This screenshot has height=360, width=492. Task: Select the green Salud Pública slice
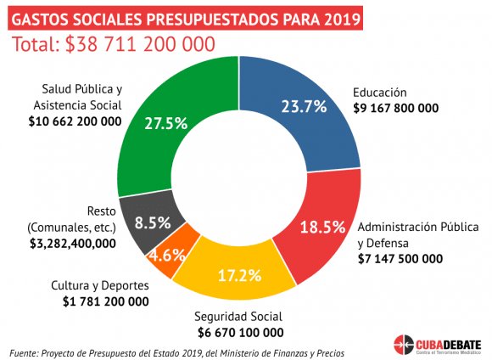click(x=153, y=144)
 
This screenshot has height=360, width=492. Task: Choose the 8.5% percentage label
click(x=153, y=223)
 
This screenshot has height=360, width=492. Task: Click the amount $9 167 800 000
click(x=395, y=109)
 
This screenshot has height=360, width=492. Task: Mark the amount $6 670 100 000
click(x=240, y=331)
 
